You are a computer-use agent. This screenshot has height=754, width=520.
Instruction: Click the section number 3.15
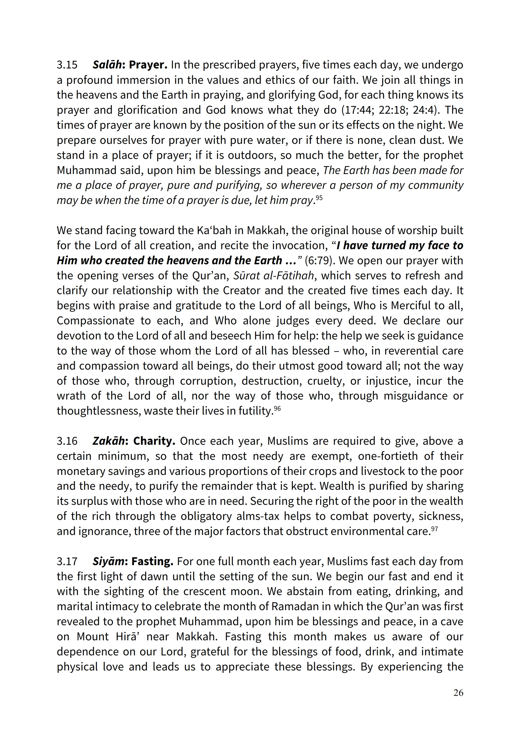pyautogui.click(x=67, y=65)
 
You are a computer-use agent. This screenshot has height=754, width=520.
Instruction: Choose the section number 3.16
pyautogui.click(x=67, y=441)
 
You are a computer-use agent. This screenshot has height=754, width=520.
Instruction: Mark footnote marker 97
pyautogui.click(x=434, y=529)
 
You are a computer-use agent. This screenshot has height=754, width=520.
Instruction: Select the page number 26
pyautogui.click(x=458, y=693)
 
